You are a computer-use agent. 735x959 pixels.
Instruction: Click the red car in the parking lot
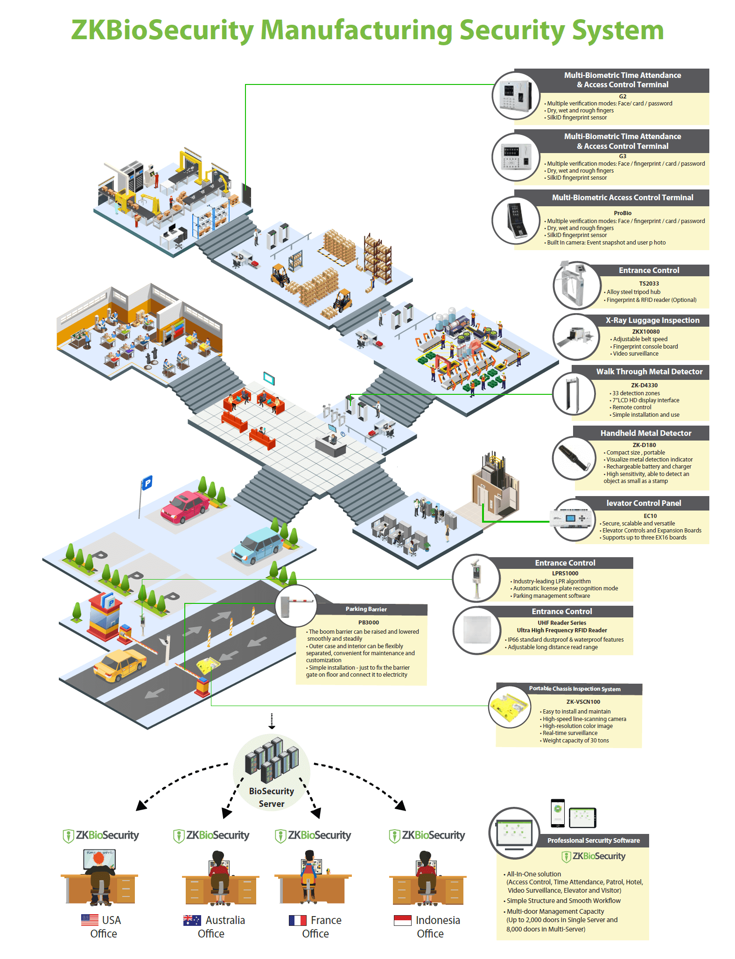click(x=184, y=507)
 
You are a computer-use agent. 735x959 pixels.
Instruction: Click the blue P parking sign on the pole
click(x=147, y=483)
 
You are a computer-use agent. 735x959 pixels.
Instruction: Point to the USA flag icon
click(x=90, y=920)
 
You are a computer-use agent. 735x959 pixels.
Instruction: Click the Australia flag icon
click(x=192, y=920)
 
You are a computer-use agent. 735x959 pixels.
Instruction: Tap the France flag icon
click(x=297, y=920)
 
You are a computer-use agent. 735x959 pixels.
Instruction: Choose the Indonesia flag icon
click(x=402, y=920)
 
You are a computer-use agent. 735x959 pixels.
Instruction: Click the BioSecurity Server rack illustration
click(x=272, y=760)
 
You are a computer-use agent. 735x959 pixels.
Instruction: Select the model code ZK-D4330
click(x=644, y=385)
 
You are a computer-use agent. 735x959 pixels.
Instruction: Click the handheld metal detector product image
click(x=574, y=458)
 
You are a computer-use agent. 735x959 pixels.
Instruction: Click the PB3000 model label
click(x=368, y=622)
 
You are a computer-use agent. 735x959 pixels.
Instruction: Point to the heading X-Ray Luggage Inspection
click(x=652, y=320)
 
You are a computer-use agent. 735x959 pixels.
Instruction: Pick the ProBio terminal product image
click(x=516, y=220)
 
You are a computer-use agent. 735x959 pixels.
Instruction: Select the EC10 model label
click(x=650, y=516)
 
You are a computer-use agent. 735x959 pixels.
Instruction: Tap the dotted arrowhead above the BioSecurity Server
click(x=272, y=726)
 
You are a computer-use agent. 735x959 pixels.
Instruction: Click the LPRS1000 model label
click(x=565, y=573)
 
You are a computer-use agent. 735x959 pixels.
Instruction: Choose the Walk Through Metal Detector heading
click(x=649, y=371)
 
